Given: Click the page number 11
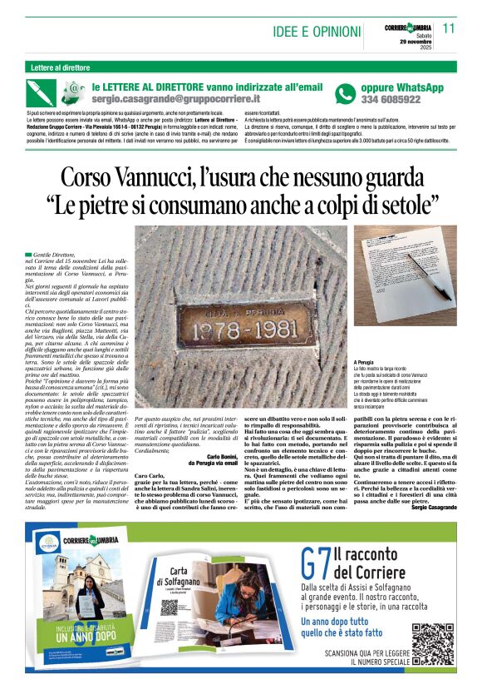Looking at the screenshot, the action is [x=450, y=27].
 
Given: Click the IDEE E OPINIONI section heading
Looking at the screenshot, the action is [x=316, y=32].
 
